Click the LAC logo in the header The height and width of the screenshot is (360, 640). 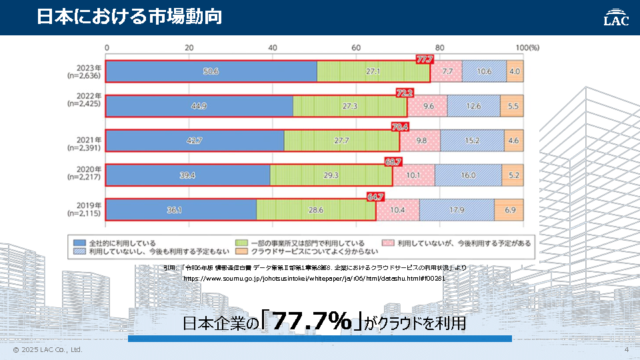pos(616,17)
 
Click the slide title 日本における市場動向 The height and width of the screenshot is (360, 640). pos(129,17)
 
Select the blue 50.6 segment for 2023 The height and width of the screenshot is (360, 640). pos(211,71)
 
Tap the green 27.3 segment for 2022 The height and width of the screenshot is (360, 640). pos(349,106)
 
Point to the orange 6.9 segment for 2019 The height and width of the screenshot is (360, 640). pos(510,209)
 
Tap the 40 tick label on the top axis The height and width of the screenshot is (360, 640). pos(273,47)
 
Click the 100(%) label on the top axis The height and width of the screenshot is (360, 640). pos(527,47)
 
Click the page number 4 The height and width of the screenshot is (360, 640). pos(627,350)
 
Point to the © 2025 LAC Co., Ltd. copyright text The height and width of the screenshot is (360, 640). pos(47,350)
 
